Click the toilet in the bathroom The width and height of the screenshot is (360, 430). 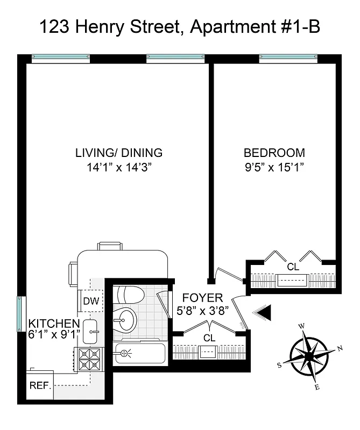129,295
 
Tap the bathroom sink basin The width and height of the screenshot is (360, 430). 125,321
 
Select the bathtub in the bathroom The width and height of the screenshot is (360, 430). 139,353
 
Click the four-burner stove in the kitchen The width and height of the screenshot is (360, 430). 90,359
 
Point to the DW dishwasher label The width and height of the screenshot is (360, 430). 91,302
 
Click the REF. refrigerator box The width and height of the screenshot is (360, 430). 40,386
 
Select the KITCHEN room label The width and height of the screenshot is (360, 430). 54,324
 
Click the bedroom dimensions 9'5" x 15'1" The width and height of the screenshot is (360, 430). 274,167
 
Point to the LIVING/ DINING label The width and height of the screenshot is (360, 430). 118,153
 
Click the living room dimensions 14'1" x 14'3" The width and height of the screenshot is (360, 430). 118,167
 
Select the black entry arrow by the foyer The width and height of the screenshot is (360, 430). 263,312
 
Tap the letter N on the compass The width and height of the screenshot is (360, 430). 340,348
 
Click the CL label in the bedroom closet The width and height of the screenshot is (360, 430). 292,266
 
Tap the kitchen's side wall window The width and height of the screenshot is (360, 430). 20,313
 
